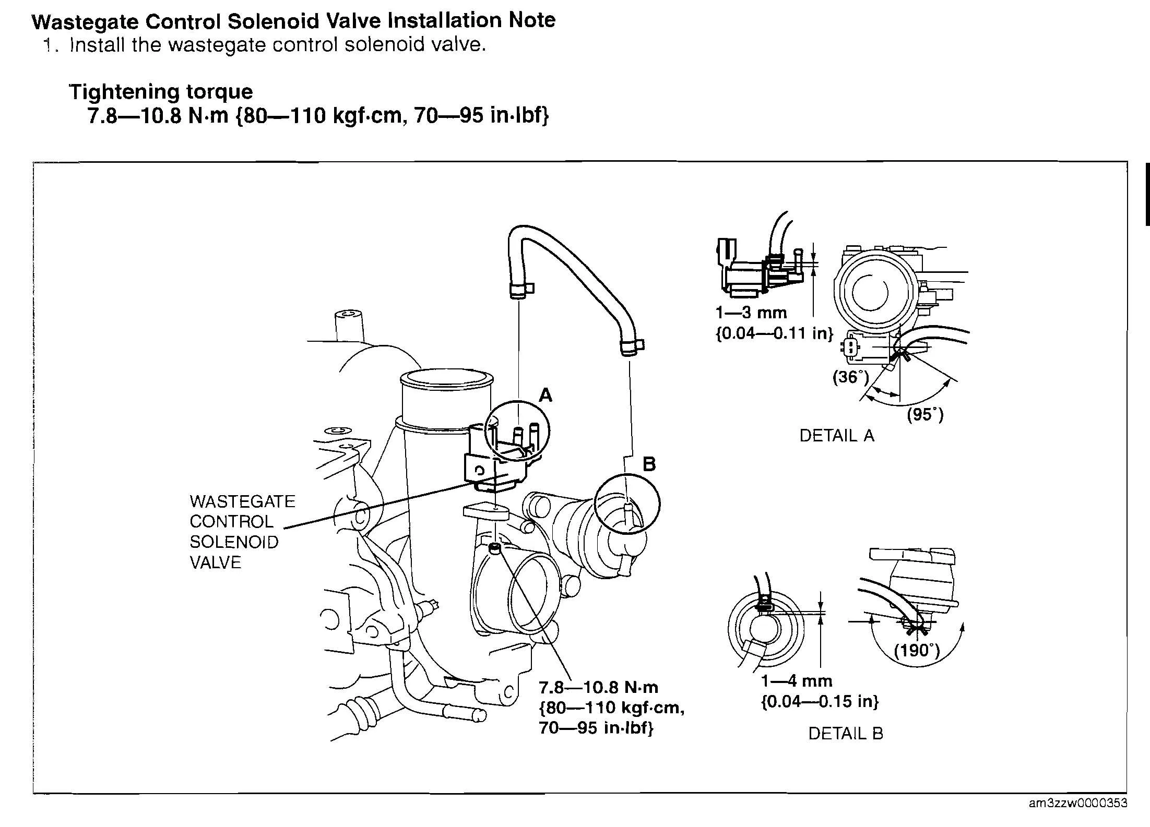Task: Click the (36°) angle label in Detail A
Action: pos(850,376)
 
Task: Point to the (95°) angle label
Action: pos(925,414)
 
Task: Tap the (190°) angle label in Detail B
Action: pos(917,650)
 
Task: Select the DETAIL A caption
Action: pos(836,435)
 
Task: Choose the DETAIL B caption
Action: pos(846,733)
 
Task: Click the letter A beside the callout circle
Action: pos(545,395)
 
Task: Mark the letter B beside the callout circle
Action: pos(649,464)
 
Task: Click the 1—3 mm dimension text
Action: pos(751,313)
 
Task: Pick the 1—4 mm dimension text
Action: pos(797,680)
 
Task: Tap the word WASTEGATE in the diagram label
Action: pos(242,501)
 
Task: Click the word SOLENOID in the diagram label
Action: pos(234,542)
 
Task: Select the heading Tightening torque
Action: pos(161,92)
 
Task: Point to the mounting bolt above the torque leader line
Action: pos(494,548)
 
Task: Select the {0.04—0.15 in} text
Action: pos(820,701)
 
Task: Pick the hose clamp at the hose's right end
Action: pos(631,347)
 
